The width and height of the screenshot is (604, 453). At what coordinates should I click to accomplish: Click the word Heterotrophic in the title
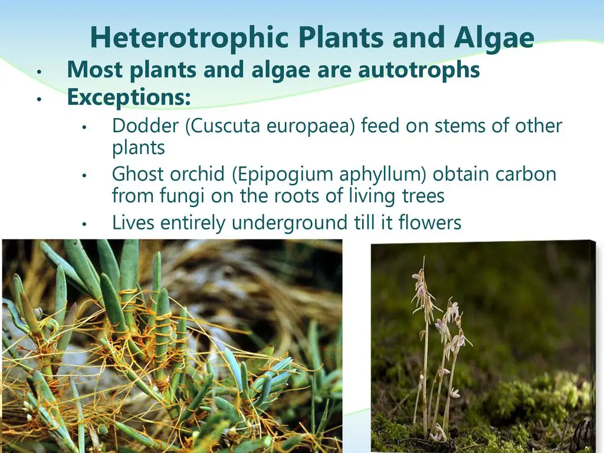click(189, 38)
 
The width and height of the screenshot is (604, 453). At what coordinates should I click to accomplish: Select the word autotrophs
click(419, 70)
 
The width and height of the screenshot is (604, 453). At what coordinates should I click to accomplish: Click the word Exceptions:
click(129, 97)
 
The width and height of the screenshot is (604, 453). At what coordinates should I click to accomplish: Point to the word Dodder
click(146, 126)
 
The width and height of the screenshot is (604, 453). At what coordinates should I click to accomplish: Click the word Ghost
click(137, 174)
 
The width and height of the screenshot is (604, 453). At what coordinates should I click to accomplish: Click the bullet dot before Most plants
click(39, 71)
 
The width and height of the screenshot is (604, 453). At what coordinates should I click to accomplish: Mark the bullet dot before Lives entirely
click(84, 224)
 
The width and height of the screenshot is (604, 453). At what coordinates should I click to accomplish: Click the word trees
click(423, 196)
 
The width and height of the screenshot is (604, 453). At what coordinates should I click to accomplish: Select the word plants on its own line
click(138, 148)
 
